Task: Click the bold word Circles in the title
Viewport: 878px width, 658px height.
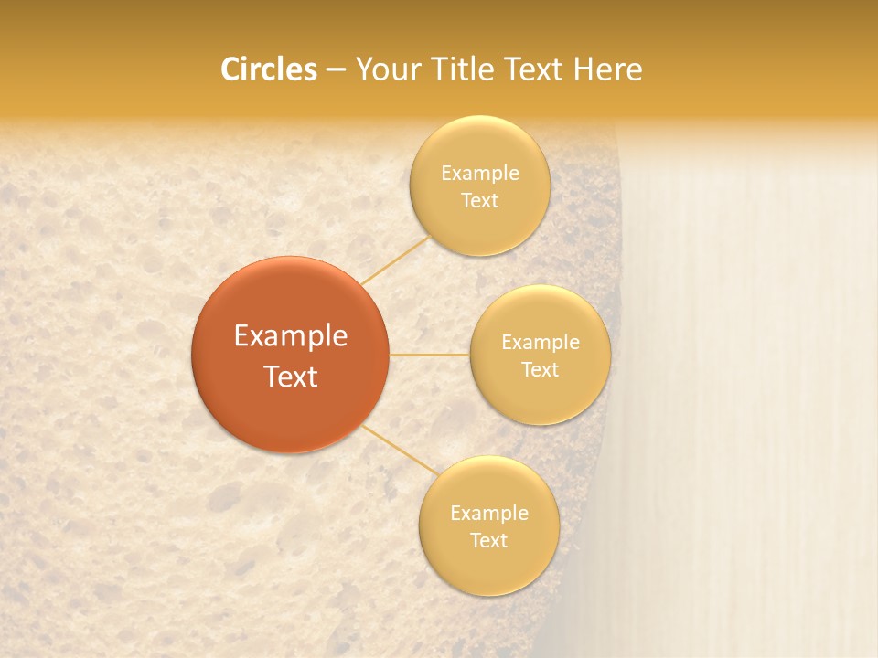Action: (x=269, y=69)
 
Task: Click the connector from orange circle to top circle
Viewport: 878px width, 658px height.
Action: (x=395, y=260)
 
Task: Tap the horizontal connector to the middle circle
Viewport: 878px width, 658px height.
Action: (x=430, y=355)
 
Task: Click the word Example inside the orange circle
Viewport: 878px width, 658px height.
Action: (x=291, y=336)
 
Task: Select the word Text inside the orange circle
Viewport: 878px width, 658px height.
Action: (x=291, y=376)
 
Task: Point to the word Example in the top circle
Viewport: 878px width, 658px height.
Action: (x=480, y=174)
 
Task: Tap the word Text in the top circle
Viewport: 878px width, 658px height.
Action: (x=480, y=201)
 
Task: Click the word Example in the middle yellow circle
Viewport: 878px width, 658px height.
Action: (x=541, y=343)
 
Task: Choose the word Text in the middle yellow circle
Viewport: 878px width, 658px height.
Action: (x=541, y=369)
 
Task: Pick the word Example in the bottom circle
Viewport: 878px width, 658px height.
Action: (x=489, y=514)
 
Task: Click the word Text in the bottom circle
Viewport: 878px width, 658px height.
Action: (x=489, y=540)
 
